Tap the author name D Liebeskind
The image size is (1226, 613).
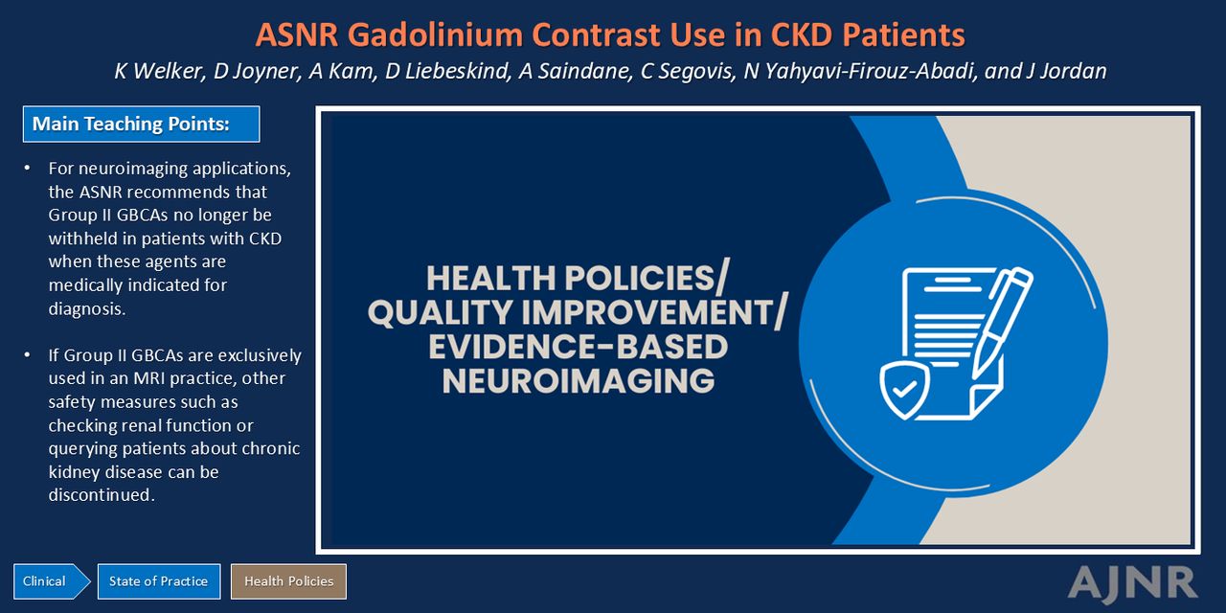(x=447, y=71)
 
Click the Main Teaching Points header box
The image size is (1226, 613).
(x=141, y=125)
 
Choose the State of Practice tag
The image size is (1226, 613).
(x=159, y=581)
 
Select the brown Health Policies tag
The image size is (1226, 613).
(x=288, y=581)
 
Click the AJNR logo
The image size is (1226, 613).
(x=1132, y=582)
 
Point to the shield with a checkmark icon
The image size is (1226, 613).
(x=904, y=390)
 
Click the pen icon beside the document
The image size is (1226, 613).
(x=1001, y=323)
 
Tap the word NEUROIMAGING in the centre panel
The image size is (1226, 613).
(x=579, y=381)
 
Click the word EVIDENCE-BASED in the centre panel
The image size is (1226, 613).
(x=578, y=347)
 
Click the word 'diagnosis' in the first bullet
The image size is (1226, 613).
(x=86, y=309)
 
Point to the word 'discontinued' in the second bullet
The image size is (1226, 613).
(x=102, y=495)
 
